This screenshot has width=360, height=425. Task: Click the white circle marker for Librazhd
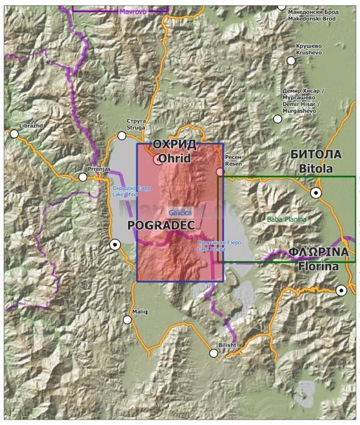(x=15, y=133)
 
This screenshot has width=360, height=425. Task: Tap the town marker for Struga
(x=122, y=136)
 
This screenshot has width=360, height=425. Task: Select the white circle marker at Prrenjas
(x=83, y=177)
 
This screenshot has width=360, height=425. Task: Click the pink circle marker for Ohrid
(x=158, y=160)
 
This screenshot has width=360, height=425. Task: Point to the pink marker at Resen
(x=220, y=172)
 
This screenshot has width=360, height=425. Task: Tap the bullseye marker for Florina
(x=342, y=290)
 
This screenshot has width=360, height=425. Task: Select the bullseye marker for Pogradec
(x=115, y=245)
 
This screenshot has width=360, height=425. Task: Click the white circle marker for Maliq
(x=127, y=320)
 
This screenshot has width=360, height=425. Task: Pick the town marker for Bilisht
(x=214, y=353)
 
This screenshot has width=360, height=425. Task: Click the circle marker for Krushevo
(x=291, y=61)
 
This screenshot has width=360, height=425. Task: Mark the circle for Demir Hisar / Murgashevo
(x=278, y=119)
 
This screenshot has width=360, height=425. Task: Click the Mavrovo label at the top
(x=133, y=12)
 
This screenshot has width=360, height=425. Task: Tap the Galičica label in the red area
(x=181, y=213)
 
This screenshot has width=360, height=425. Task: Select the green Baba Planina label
(x=287, y=219)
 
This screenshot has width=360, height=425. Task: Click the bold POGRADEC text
(x=161, y=225)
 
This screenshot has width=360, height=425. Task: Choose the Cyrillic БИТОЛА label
(x=316, y=154)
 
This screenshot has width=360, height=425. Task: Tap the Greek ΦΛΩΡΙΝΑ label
(x=318, y=252)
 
